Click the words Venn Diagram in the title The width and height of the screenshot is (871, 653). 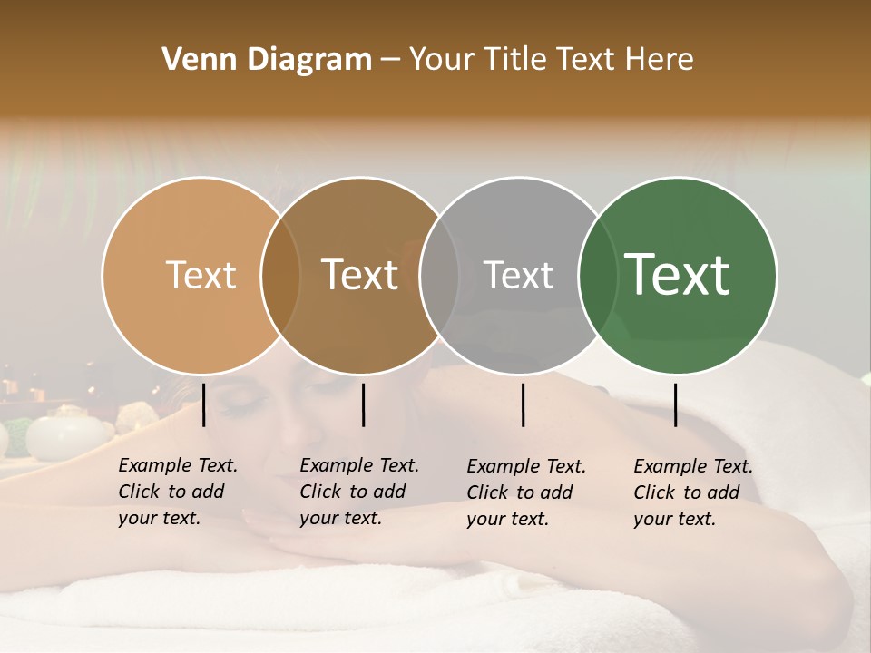[267, 60]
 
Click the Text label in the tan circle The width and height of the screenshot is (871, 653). [201, 275]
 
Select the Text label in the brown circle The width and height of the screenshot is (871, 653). [360, 275]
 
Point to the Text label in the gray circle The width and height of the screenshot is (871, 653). [518, 275]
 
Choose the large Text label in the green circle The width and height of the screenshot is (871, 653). [678, 275]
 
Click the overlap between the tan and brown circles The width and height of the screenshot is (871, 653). [280, 275]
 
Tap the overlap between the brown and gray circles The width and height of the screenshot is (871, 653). [439, 275]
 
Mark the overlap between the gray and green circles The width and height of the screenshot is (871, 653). [596, 275]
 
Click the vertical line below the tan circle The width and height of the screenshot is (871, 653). [204, 404]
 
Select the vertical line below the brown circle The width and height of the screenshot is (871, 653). [363, 404]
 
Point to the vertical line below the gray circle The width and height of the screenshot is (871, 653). [524, 404]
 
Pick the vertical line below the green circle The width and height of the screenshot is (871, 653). [676, 404]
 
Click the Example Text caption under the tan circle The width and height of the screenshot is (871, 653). [178, 492]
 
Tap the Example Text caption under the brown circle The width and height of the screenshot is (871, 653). [359, 492]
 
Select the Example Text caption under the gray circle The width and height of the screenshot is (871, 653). [526, 492]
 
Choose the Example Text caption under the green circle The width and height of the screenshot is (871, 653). [693, 492]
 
